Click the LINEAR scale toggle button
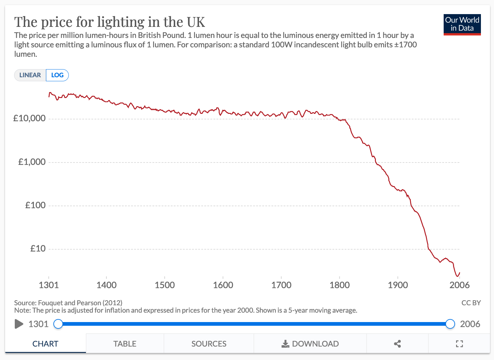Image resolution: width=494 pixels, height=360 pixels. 30,75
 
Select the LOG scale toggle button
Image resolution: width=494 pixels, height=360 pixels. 57,75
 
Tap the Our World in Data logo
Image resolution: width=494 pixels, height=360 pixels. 462,25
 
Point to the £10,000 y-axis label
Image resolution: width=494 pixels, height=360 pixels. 30,118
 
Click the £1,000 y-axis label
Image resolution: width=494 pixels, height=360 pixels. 32,162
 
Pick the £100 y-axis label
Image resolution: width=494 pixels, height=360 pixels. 35,205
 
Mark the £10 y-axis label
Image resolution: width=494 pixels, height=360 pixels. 38,249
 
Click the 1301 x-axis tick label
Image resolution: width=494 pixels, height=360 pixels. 49,285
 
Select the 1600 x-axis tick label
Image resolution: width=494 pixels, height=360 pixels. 223,285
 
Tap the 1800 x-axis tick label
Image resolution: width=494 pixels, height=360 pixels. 339,285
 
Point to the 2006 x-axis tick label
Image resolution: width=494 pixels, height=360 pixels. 459,285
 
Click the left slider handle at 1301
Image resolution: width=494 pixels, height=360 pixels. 58,324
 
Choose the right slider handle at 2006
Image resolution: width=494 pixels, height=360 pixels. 450,324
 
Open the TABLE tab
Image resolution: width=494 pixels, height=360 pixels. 125,344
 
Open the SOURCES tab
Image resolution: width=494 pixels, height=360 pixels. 209,344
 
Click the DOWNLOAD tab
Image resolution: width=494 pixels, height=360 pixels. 310,344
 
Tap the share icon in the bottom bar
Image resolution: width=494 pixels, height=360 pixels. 397,344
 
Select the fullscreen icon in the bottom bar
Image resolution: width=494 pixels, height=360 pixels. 459,344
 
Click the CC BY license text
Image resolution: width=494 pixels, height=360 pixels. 471,303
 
